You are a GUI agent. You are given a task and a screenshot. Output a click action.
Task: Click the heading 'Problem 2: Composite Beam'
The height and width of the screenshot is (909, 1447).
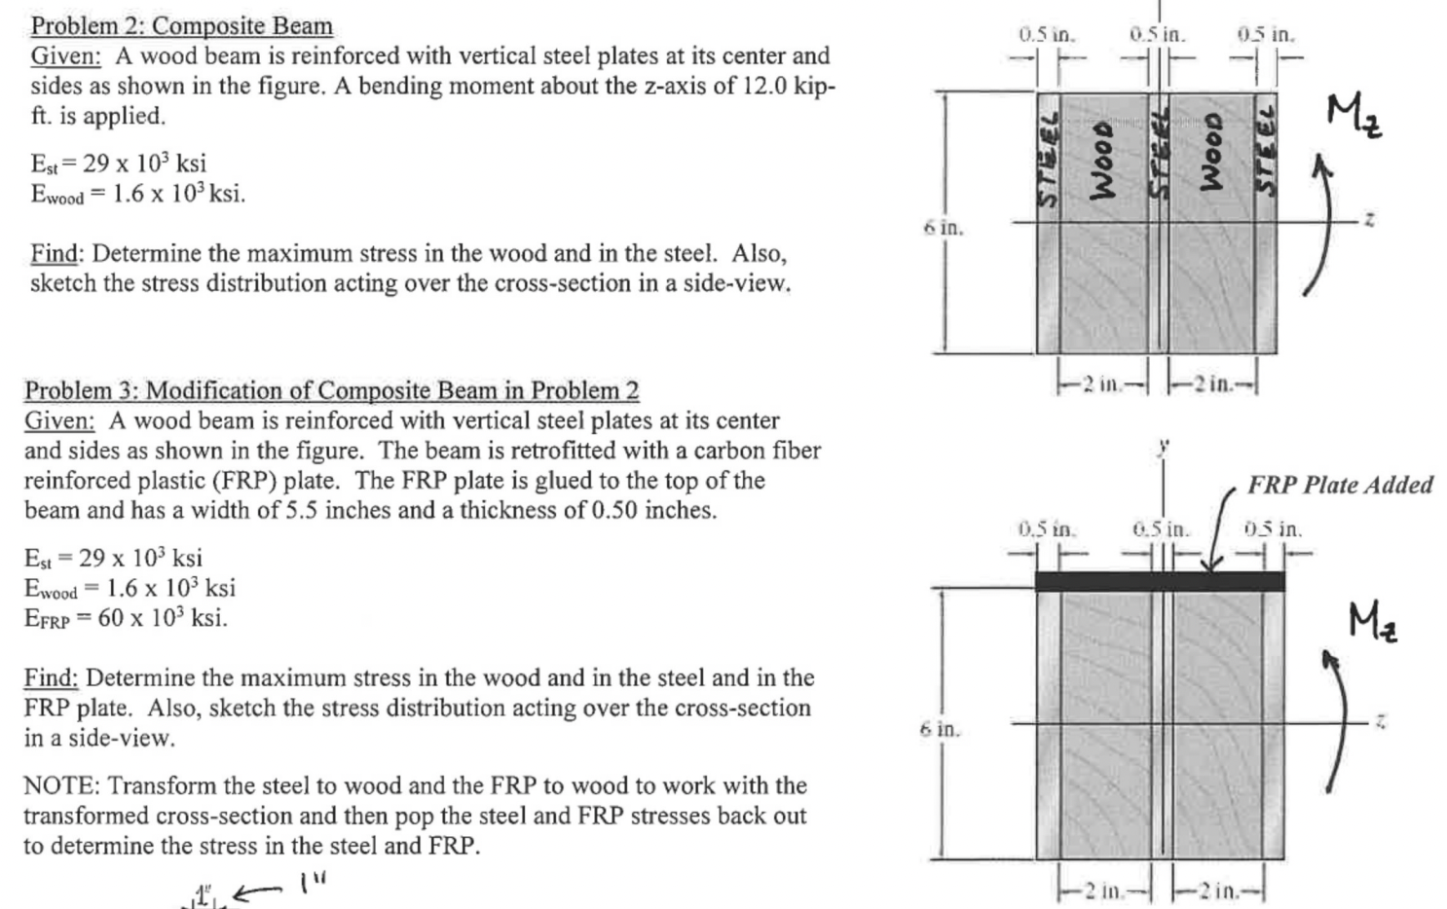pos(181,26)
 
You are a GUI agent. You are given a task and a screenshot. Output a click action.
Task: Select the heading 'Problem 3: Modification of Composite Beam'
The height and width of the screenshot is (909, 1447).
pos(331,390)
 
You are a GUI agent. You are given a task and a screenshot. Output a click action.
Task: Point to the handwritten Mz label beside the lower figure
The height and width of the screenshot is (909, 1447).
pos(1373,622)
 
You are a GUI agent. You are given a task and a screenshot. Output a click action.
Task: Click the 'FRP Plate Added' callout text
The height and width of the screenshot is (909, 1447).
pos(1340,485)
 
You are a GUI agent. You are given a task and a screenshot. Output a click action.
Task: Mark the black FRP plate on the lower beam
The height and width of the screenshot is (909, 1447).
pos(1159,582)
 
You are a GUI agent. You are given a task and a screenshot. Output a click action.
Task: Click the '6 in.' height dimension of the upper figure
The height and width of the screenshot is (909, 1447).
pos(943,229)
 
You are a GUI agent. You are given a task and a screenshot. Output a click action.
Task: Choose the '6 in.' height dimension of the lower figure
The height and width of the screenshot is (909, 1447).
pos(940,729)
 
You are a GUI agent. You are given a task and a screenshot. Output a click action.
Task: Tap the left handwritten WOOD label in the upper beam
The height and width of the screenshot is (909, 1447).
pos(1101,159)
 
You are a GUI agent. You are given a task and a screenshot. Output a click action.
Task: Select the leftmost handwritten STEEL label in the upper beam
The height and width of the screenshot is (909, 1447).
pos(1048,159)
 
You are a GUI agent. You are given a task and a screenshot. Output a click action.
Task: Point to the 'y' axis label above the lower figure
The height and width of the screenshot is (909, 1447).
pos(1162,447)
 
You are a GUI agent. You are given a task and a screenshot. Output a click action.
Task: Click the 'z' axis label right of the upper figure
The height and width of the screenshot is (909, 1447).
pos(1369,221)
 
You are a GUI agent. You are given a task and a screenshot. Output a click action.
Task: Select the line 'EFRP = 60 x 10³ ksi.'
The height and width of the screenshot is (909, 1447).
pos(126,618)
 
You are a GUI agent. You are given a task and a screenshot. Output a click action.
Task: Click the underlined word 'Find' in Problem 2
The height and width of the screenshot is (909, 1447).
pos(55,254)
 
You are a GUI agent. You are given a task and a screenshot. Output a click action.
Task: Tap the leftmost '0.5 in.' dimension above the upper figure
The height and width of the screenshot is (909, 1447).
pos(1046,35)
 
